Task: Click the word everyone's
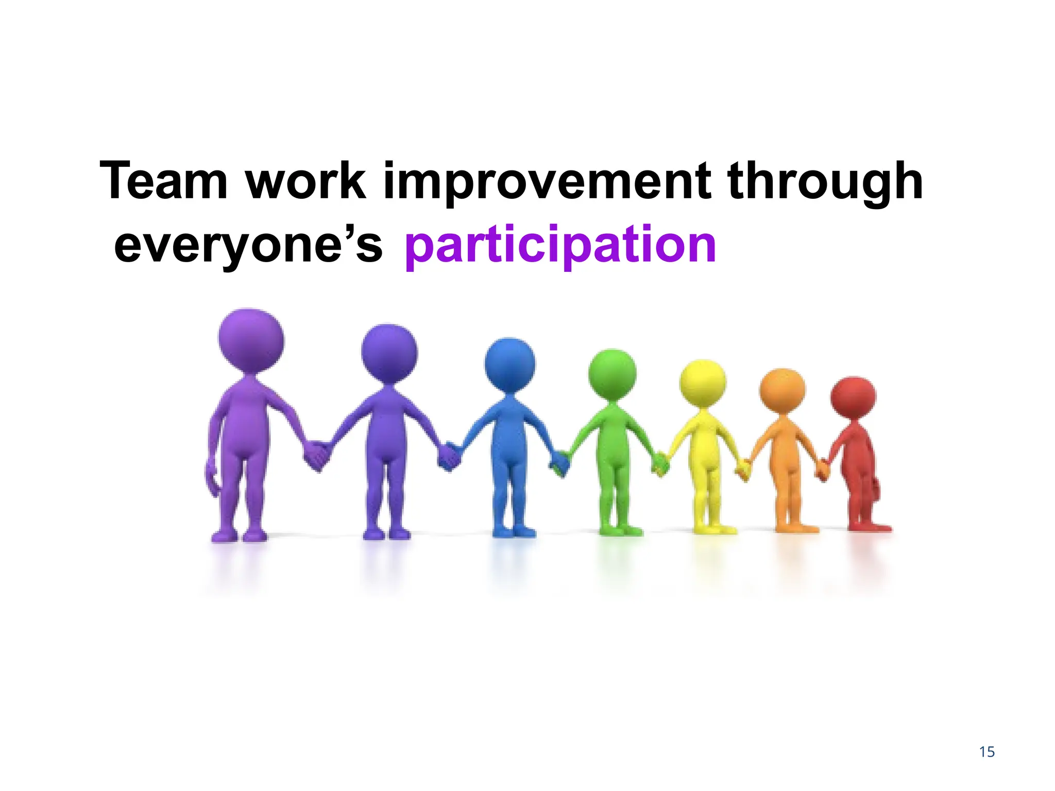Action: coord(248,244)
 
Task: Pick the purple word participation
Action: coord(560,244)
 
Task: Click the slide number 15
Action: coord(987,752)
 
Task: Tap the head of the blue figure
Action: coord(510,364)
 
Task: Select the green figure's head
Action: coord(612,373)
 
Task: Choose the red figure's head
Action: coord(853,397)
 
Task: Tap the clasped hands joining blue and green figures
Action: coord(559,463)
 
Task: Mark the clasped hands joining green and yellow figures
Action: coord(659,465)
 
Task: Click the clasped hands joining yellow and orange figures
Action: coord(743,469)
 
